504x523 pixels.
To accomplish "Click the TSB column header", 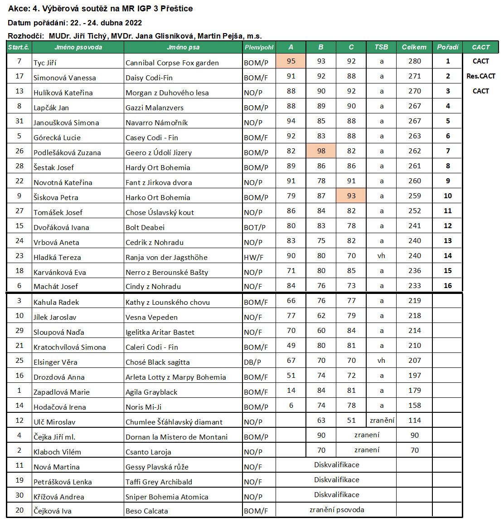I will click(x=381, y=47).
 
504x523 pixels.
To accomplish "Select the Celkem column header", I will click(x=414, y=47).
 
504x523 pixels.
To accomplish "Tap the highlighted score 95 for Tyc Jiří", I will click(x=291, y=61).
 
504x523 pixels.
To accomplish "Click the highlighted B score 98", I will click(x=321, y=151).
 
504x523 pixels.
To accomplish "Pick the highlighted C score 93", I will click(x=351, y=196).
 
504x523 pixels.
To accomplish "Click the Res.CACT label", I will click(x=480, y=76).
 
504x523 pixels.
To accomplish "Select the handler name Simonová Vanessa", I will click(x=65, y=78).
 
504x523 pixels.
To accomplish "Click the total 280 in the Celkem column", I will click(x=414, y=61).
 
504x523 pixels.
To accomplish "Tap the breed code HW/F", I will click(x=253, y=257).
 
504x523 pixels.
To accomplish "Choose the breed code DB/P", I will click(x=252, y=362).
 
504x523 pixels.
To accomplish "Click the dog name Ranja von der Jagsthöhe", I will click(x=166, y=257).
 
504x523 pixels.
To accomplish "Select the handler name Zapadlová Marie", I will click(x=62, y=392).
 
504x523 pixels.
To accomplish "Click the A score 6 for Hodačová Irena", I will click(x=291, y=406).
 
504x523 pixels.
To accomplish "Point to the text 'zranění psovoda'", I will click(x=337, y=509).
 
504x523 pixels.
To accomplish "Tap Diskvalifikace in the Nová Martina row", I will click(x=337, y=465).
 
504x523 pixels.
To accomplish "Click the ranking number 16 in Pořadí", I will click(x=448, y=286).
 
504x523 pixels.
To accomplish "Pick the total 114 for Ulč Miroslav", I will click(x=414, y=420).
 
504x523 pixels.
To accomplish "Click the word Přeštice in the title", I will click(x=176, y=9).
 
